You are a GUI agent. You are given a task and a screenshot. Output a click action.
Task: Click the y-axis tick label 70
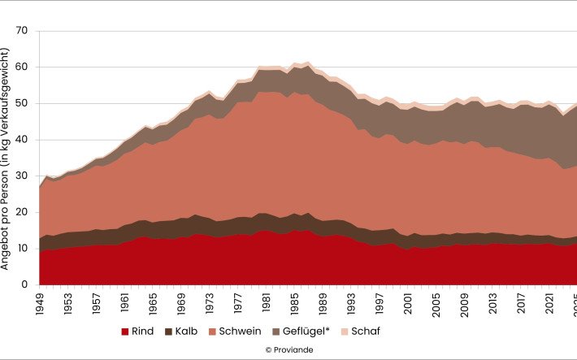click(22, 31)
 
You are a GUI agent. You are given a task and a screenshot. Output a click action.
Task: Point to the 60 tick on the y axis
click(22, 67)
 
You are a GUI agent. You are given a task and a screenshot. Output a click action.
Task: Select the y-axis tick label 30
click(22, 176)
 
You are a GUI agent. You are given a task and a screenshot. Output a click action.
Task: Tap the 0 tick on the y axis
click(25, 285)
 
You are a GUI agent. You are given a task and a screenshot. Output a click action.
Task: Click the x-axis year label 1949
click(40, 306)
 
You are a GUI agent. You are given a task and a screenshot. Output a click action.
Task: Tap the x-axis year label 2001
click(406, 306)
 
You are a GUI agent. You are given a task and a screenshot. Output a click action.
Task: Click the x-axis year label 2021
click(547, 306)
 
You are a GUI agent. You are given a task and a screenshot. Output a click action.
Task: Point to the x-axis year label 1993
click(350, 306)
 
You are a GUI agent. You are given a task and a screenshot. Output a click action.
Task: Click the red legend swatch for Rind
click(125, 332)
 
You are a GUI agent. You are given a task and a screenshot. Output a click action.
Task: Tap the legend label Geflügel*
click(313, 332)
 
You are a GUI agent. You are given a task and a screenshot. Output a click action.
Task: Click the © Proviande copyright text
click(289, 350)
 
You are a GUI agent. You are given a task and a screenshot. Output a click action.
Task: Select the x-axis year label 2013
click(491, 306)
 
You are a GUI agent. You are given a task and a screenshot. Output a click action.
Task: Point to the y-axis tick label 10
click(22, 249)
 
